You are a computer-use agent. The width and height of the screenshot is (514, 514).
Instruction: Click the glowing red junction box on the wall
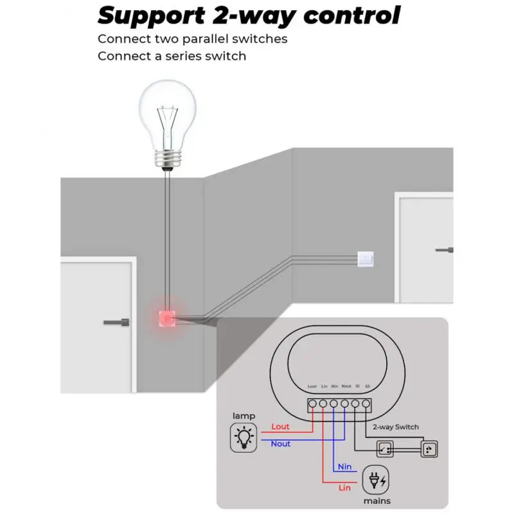(x=167, y=318)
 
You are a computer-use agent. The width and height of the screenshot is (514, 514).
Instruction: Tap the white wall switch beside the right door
(x=365, y=259)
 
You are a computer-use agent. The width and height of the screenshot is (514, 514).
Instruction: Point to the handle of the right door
(x=445, y=249)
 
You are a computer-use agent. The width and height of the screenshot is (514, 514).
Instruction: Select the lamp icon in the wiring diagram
(x=244, y=438)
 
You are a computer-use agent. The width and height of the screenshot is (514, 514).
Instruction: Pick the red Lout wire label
(x=280, y=427)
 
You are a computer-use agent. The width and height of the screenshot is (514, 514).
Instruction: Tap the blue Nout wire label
(x=280, y=444)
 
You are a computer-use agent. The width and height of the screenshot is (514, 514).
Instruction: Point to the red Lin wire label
(x=344, y=488)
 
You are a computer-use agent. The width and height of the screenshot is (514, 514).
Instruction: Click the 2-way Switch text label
(x=396, y=427)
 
